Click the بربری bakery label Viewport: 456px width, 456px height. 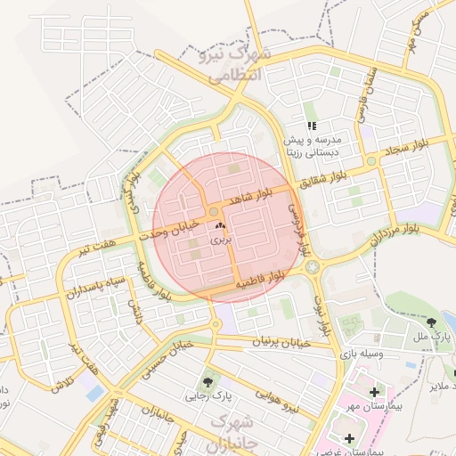click(219, 240)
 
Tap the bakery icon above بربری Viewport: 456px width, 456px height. click(219, 227)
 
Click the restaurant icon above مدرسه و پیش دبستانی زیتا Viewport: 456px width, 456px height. click(312, 126)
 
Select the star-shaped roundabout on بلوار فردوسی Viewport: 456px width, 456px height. click(313, 265)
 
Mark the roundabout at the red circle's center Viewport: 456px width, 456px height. click(215, 211)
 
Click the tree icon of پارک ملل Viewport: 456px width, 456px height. click(432, 322)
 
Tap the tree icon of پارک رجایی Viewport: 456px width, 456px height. click(210, 382)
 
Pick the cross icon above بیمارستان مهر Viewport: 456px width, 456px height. click(373, 392)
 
